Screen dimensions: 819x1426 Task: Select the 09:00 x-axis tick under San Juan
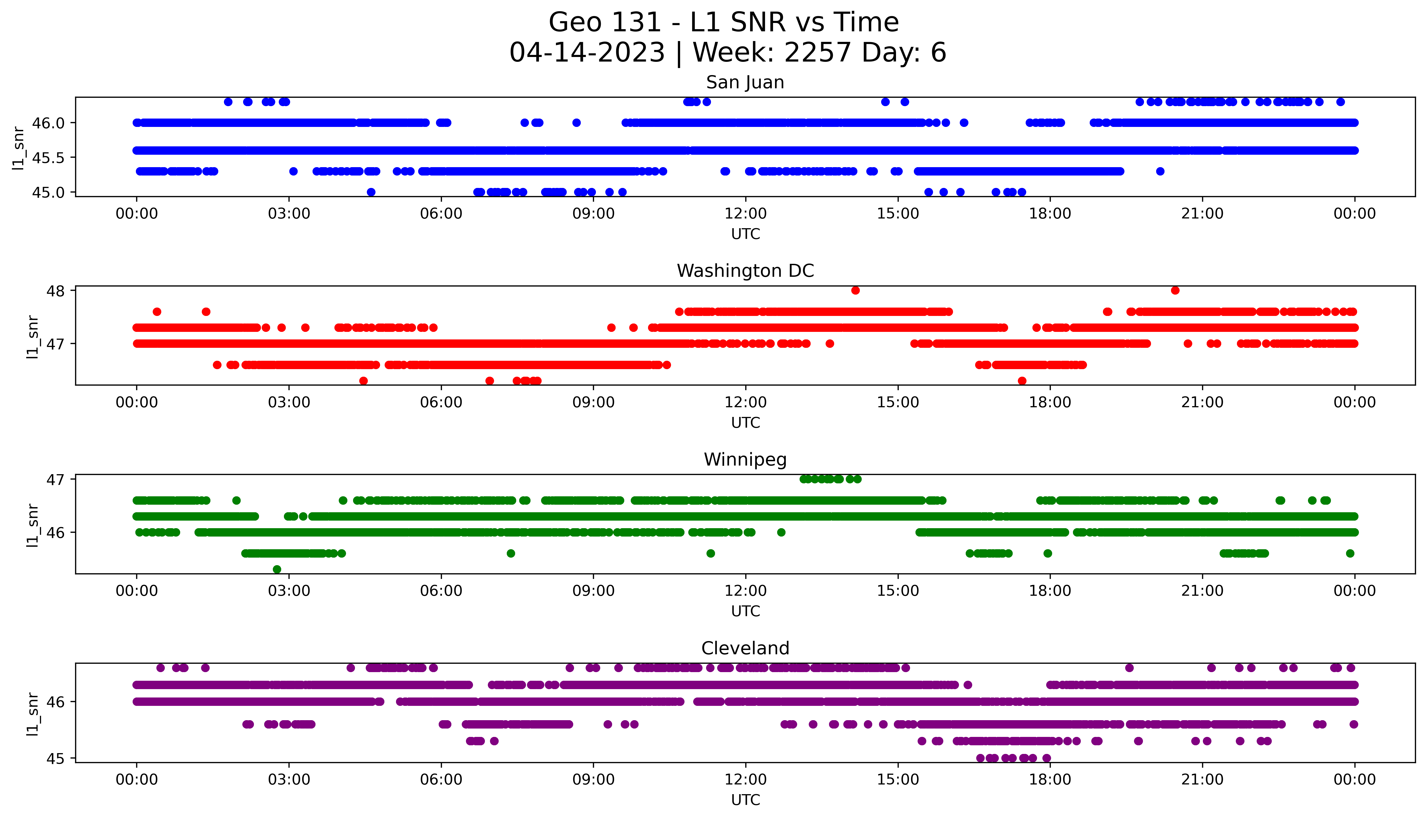pyautogui.click(x=593, y=214)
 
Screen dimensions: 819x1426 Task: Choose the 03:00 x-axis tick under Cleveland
pyautogui.click(x=289, y=780)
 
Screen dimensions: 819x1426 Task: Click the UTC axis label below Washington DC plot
pyautogui.click(x=745, y=422)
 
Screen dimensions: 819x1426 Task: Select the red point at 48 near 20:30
pyautogui.click(x=1175, y=290)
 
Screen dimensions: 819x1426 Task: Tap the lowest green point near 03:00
pyautogui.click(x=277, y=569)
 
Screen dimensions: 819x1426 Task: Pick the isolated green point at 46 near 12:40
pyautogui.click(x=781, y=532)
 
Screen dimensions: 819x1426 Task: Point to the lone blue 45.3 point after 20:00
pyautogui.click(x=1160, y=171)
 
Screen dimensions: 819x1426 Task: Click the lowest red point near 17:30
pyautogui.click(x=1022, y=381)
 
